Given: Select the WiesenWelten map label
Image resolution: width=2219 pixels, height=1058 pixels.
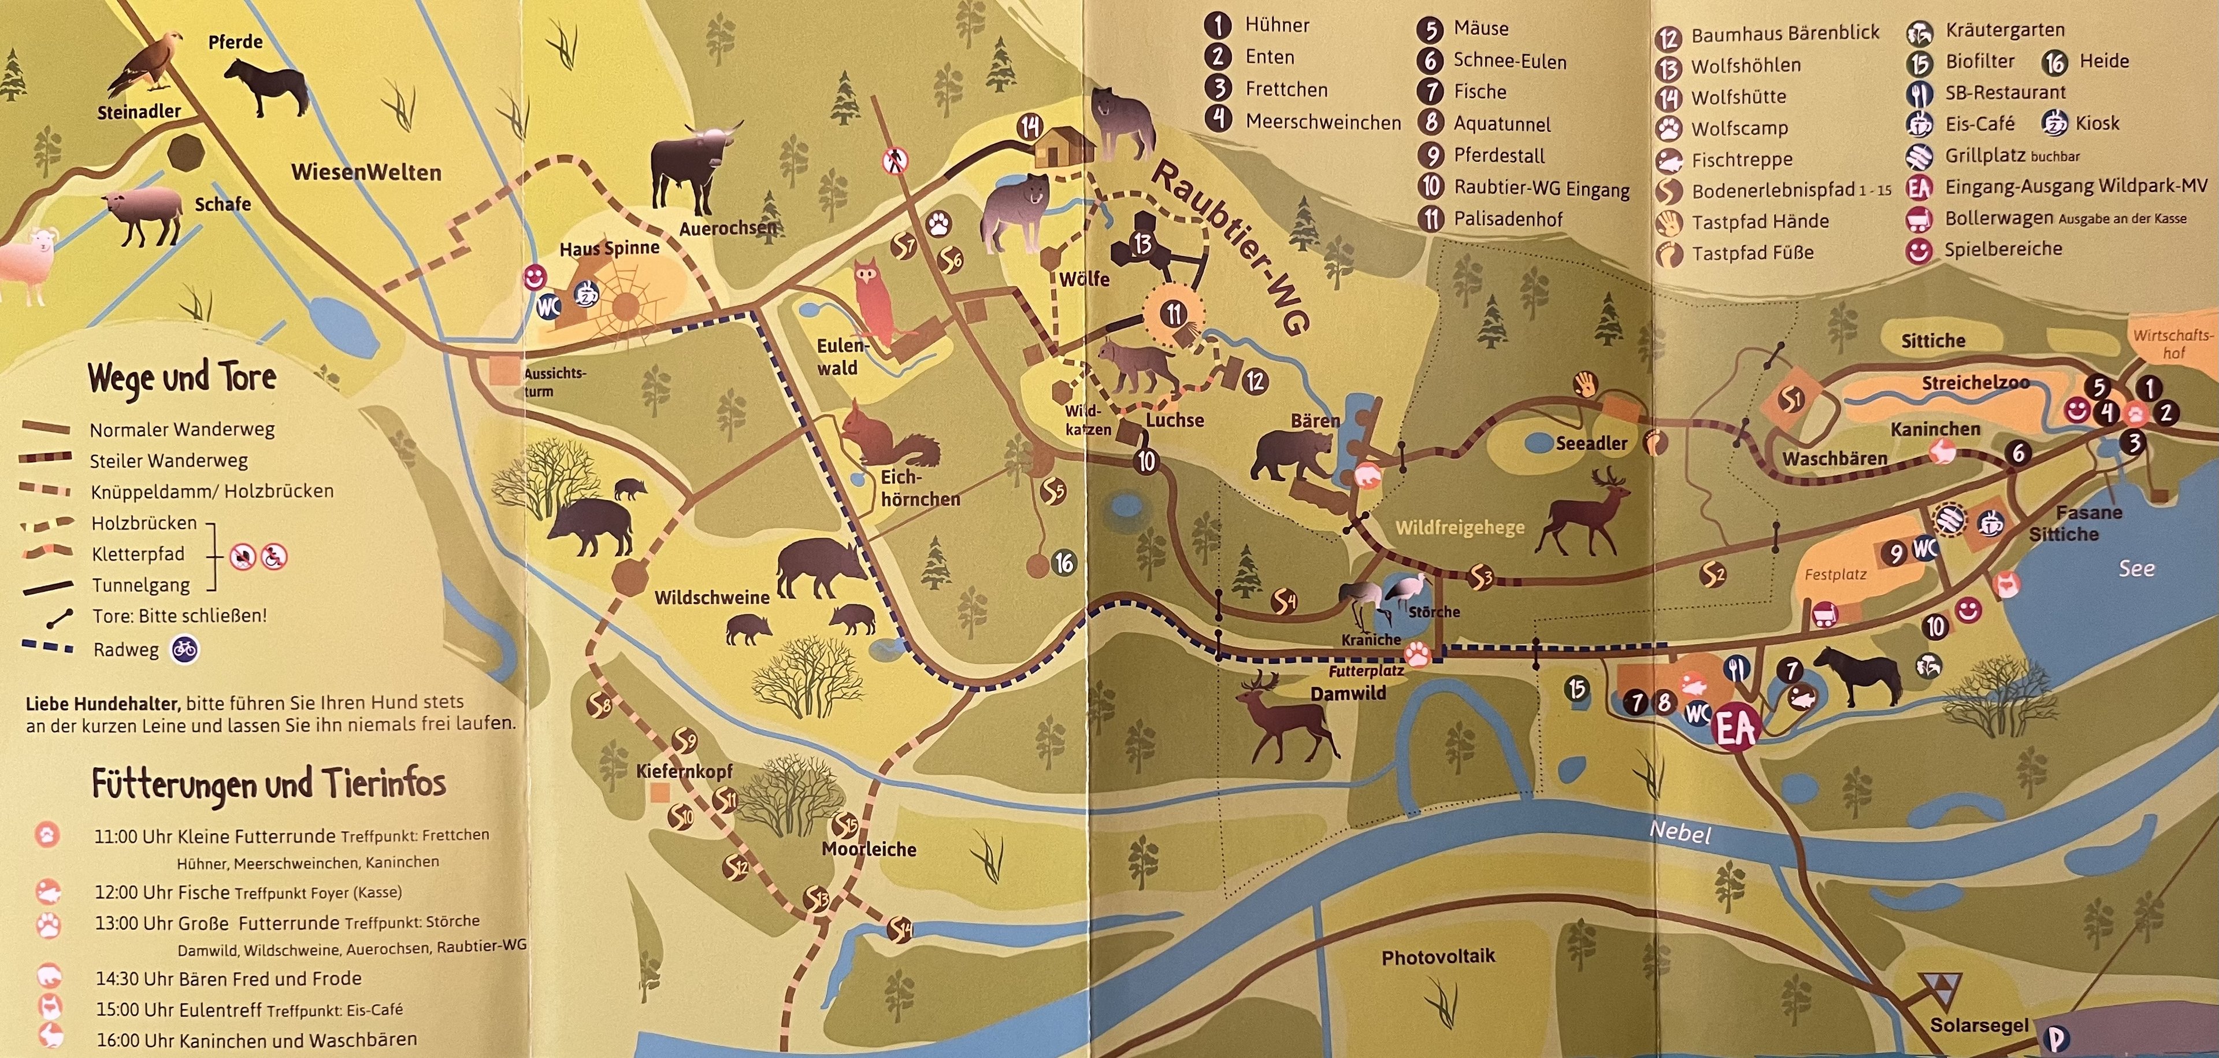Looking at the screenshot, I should pyautogui.click(x=366, y=172).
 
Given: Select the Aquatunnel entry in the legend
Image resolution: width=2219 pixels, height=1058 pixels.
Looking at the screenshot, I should pyautogui.click(x=1501, y=124).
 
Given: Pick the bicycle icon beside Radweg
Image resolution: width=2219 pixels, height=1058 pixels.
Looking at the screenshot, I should pyautogui.click(x=184, y=650).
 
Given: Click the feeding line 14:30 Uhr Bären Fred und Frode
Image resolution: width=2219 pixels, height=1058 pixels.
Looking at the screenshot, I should pyautogui.click(x=228, y=979).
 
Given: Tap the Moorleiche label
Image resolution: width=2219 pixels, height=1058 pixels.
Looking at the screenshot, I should pyautogui.click(x=869, y=849).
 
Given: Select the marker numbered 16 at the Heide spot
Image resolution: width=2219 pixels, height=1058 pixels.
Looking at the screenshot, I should pyautogui.click(x=1064, y=564).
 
